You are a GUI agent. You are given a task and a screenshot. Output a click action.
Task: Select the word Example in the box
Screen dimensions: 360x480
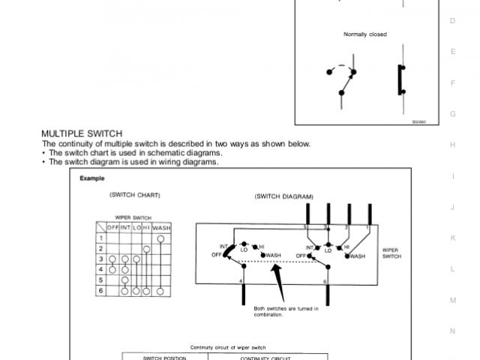pyautogui.click(x=92, y=178)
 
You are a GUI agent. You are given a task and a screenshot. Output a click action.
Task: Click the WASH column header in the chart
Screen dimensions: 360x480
pyautogui.click(x=161, y=227)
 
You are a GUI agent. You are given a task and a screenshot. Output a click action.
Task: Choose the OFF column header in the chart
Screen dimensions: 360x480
pyautogui.click(x=113, y=227)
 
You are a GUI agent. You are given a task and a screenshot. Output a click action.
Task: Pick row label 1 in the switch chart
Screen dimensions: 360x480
pyautogui.click(x=100, y=238)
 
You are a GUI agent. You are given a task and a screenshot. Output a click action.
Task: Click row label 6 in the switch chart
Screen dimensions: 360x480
pyautogui.click(x=100, y=289)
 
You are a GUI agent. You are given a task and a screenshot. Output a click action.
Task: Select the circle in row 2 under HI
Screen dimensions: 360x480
pyautogui.click(x=147, y=248)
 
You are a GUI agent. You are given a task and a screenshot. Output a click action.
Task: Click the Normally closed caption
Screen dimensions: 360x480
pyautogui.click(x=365, y=34)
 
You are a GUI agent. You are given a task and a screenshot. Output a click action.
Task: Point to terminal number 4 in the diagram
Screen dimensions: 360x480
pyautogui.click(x=240, y=281)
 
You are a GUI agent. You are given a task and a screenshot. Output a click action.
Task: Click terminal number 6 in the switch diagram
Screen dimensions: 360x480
pyautogui.click(x=324, y=281)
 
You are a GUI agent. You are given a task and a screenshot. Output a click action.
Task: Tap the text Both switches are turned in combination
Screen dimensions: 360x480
pyautogui.click(x=286, y=311)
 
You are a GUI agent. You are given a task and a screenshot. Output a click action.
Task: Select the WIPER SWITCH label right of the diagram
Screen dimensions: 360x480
pyautogui.click(x=390, y=252)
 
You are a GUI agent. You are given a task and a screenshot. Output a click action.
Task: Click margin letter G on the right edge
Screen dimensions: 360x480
pyautogui.click(x=452, y=113)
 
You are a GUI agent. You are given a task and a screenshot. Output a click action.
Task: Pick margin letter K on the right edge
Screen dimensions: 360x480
pyautogui.click(x=452, y=237)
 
